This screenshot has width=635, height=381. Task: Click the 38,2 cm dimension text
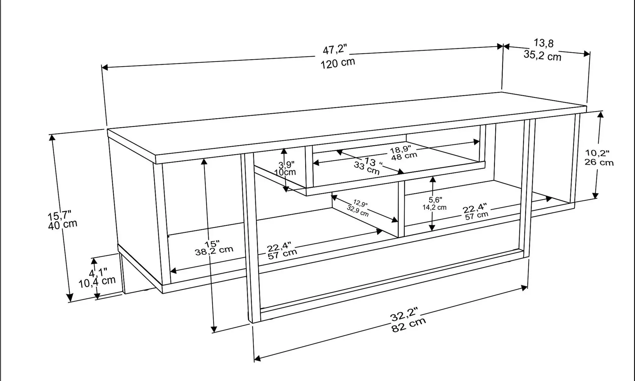click(x=214, y=251)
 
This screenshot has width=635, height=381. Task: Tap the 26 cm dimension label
click(x=599, y=162)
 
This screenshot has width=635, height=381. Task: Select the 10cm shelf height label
click(x=285, y=172)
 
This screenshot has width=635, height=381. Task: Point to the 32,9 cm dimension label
click(x=358, y=211)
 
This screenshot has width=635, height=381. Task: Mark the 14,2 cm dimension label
click(x=434, y=208)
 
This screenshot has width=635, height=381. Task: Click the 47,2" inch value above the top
click(x=334, y=50)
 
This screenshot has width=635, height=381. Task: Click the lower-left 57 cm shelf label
click(x=282, y=254)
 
